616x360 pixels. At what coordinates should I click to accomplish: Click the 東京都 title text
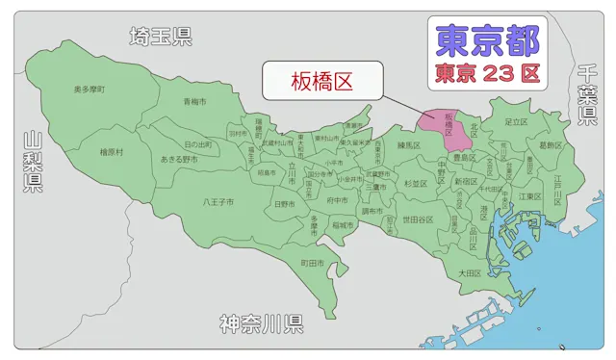pyautogui.click(x=487, y=39)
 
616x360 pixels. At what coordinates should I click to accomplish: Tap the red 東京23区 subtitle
pyautogui.click(x=487, y=71)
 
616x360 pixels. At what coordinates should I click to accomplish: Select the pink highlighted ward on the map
pyautogui.click(x=449, y=126)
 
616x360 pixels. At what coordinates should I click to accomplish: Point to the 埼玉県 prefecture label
pyautogui.click(x=161, y=37)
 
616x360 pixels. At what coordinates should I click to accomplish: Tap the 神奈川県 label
pyautogui.click(x=262, y=321)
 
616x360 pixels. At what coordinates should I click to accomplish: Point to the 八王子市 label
pyautogui.click(x=218, y=202)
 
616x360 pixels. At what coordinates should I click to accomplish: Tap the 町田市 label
pyautogui.click(x=312, y=262)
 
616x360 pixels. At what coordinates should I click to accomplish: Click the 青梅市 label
pyautogui.click(x=196, y=101)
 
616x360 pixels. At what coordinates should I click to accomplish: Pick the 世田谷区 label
pyautogui.click(x=418, y=219)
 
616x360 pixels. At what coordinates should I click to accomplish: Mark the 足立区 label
pyautogui.click(x=517, y=122)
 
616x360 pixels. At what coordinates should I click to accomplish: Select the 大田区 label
pyautogui.click(x=469, y=272)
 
